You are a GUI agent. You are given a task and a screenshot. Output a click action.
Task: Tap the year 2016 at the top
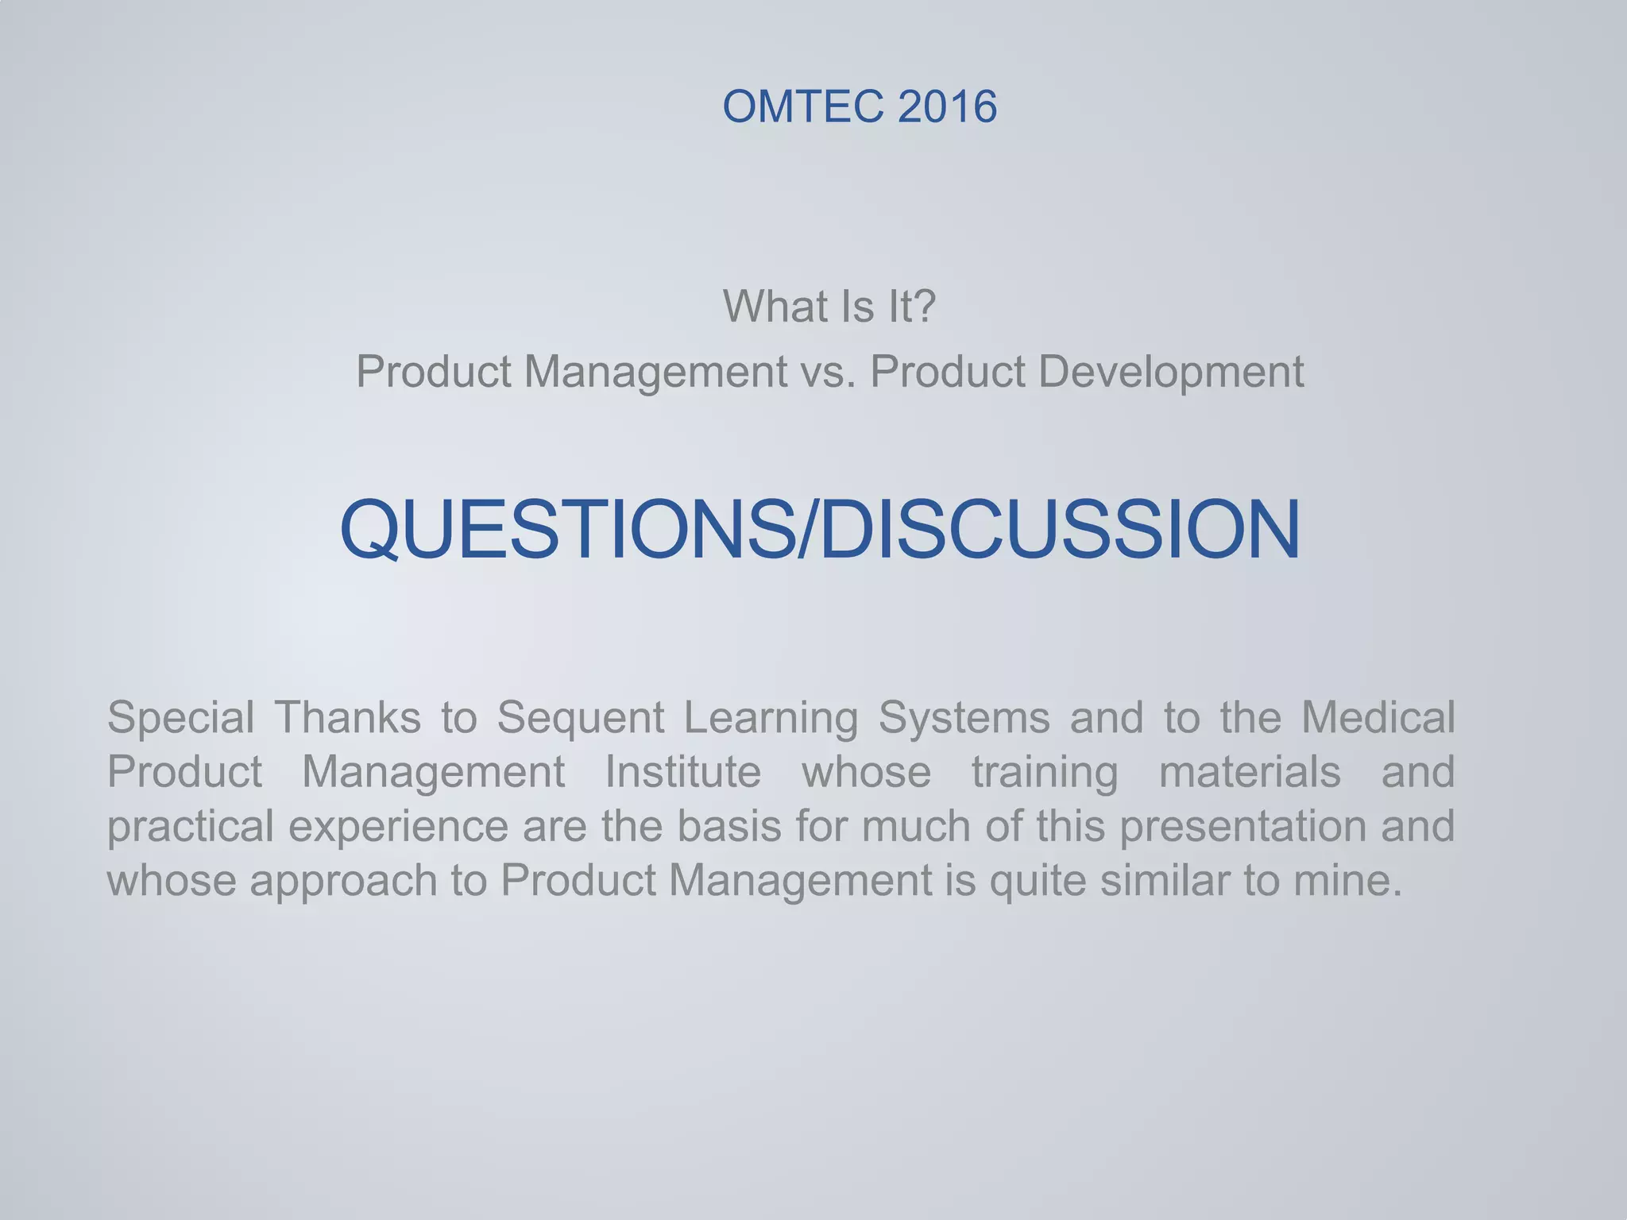(947, 106)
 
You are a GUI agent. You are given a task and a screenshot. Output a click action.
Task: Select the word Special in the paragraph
(180, 718)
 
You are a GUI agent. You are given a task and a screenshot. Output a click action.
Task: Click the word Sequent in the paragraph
(580, 718)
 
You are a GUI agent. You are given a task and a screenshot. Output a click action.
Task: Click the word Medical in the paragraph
(1378, 718)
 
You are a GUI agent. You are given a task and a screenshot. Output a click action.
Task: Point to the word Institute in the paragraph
(682, 772)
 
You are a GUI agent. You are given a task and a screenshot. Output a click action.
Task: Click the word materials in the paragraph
(1250, 772)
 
